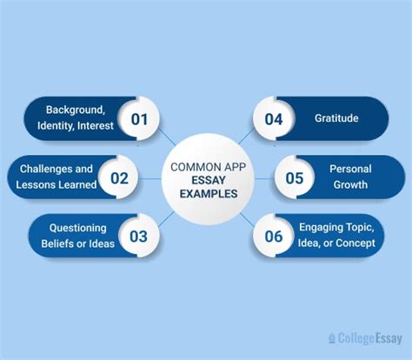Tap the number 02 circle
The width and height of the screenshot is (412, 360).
pyautogui.click(x=119, y=179)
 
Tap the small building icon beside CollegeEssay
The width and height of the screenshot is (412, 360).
pyautogui.click(x=332, y=337)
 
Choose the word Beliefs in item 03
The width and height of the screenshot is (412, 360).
pyautogui.click(x=56, y=243)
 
